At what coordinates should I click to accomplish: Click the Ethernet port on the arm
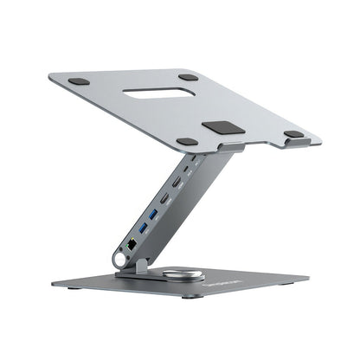pos(131,245)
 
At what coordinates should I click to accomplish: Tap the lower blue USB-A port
pos(143,229)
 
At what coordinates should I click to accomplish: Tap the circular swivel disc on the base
pos(188,275)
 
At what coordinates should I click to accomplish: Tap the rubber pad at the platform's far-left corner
pos(79,81)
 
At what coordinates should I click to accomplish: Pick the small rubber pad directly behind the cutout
pos(189,77)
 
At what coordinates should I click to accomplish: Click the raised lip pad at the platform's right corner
pos(294,134)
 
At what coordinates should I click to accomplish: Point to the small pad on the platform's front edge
pos(186,141)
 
